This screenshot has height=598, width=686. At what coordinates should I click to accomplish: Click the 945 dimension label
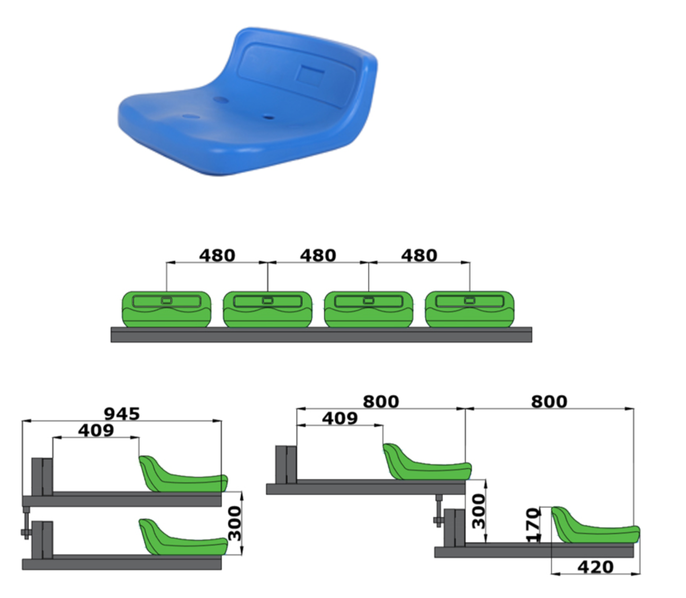pyautogui.click(x=122, y=414)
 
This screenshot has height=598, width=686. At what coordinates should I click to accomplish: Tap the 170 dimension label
pyautogui.click(x=533, y=525)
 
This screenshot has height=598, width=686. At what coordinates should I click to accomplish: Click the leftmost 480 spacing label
pyautogui.click(x=217, y=256)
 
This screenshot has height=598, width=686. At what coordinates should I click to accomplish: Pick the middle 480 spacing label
pyautogui.click(x=318, y=256)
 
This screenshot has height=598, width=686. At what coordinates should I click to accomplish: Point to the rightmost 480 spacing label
pyautogui.click(x=419, y=256)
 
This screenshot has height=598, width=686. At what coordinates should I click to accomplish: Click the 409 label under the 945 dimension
pyautogui.click(x=96, y=430)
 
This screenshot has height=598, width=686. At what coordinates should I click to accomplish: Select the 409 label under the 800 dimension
pyautogui.click(x=340, y=418)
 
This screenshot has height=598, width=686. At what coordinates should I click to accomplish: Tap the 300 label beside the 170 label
pyautogui.click(x=479, y=512)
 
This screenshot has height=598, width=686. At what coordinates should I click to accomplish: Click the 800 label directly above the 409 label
pyautogui.click(x=381, y=402)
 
